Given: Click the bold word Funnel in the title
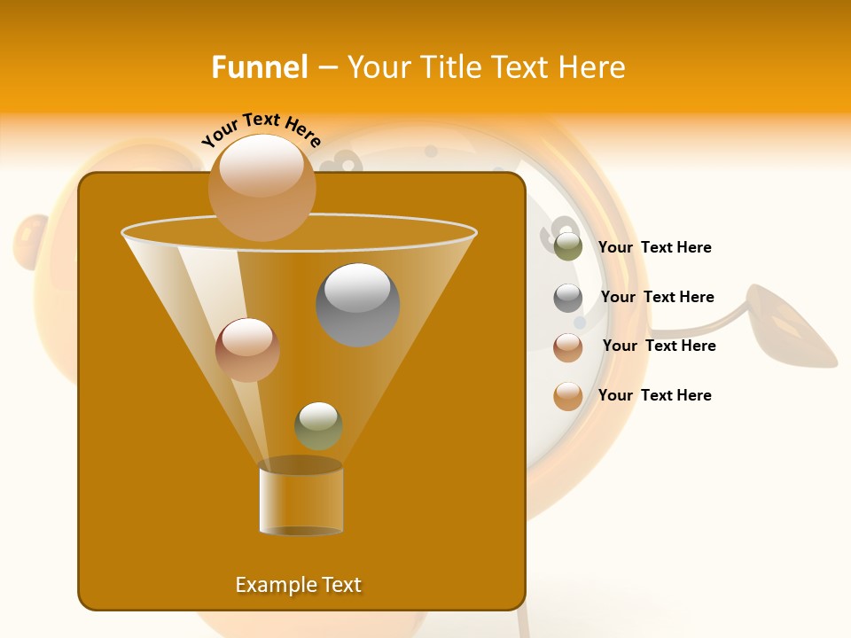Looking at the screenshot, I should point(259,67).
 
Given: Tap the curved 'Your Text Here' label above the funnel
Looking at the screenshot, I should point(261,129).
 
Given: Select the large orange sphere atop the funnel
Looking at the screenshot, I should point(262,187).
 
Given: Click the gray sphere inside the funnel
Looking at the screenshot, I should point(357,304).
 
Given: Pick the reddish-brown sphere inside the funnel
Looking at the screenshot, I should point(247,349).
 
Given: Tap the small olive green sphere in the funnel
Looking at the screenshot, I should point(318,425).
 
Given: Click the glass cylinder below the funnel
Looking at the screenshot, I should point(301,498).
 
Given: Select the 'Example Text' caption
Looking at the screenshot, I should point(298,585).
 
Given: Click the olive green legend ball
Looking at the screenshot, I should point(568,247).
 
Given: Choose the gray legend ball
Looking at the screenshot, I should point(568,298).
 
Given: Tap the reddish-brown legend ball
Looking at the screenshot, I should point(568,347).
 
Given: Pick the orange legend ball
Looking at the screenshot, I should point(568,396).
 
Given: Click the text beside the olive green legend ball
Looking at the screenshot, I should point(654,248).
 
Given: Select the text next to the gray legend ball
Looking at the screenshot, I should point(657,298).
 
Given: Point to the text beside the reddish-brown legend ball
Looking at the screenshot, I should point(659,346).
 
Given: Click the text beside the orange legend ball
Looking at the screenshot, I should point(654,396).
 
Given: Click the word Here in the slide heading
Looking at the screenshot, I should point(592,67).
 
